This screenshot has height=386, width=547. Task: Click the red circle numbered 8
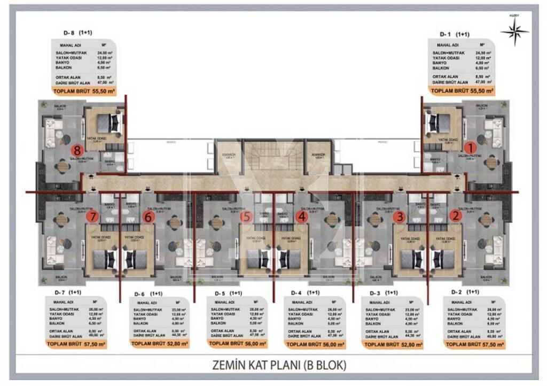pyautogui.click(x=79, y=151)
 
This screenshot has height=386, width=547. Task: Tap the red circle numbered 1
pyautogui.click(x=470, y=147)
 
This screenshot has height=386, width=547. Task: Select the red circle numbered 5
pyautogui.click(x=246, y=217)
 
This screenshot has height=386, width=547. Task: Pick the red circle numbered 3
pyautogui.click(x=399, y=217)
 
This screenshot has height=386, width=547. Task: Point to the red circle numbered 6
pyautogui.click(x=149, y=217)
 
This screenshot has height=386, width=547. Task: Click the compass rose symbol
pyautogui.click(x=514, y=32)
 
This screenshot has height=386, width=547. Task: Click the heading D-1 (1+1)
pyautogui.click(x=454, y=34)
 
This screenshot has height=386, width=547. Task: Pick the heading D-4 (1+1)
pyautogui.click(x=305, y=293)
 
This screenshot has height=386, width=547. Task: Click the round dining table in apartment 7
pyautogui.click(x=62, y=220)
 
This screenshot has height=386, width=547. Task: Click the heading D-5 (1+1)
pyautogui.click(x=228, y=294)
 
